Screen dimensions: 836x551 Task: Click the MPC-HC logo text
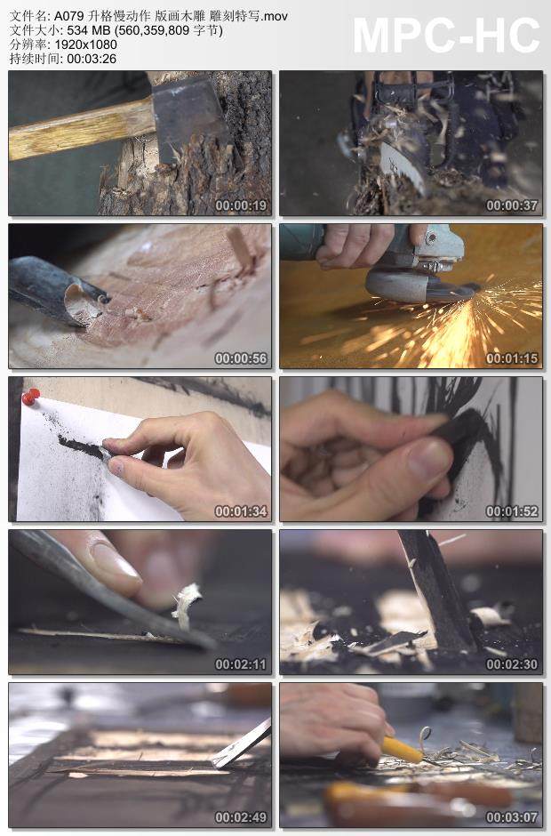coord(446,35)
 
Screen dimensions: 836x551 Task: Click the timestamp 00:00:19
coord(241,205)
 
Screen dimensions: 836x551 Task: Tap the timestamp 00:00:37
coord(512,205)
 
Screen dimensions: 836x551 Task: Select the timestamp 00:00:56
coord(241,358)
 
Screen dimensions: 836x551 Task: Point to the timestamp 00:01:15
coord(512,358)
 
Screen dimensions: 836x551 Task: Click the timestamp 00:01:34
coord(241,511)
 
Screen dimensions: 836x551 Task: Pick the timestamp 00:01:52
coord(512,511)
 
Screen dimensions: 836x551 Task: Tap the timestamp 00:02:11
coord(241,664)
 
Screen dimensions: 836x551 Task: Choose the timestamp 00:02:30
coord(512,664)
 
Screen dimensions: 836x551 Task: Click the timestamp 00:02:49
coord(241,817)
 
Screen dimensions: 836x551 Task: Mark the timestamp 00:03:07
coord(512,817)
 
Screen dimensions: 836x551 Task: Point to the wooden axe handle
coord(80,128)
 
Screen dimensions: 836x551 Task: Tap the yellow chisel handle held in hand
coord(401,750)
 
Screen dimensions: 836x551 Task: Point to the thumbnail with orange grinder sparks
coord(411,295)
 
